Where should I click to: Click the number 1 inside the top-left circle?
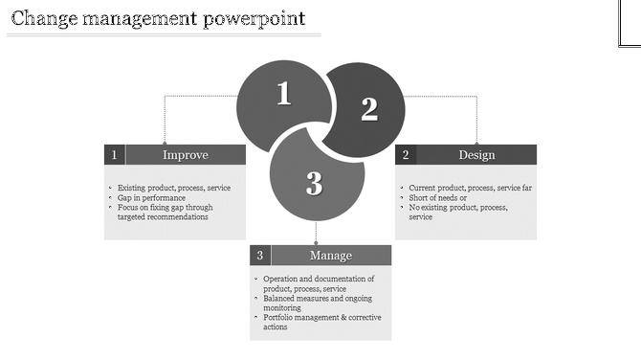(283, 94)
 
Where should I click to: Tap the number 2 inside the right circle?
(369, 109)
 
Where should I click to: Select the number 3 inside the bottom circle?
(314, 184)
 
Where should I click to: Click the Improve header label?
(186, 155)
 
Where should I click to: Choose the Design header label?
(476, 155)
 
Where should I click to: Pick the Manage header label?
(331, 256)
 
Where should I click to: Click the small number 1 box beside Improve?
(115, 155)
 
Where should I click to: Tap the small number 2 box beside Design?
(406, 155)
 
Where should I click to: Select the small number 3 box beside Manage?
(260, 256)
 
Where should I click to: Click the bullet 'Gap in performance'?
(150, 197)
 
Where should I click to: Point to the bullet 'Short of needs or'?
(438, 197)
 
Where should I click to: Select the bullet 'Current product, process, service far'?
(470, 188)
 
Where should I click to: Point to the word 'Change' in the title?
(43, 17)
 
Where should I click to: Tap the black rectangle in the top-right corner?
(629, 23)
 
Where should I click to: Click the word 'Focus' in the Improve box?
(128, 207)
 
